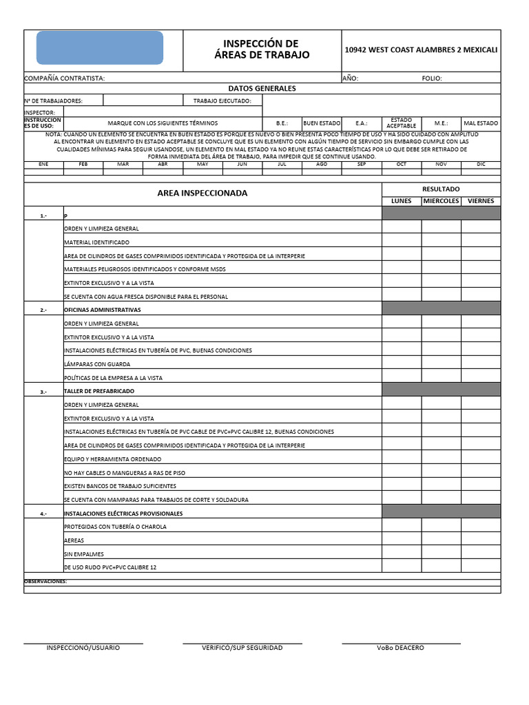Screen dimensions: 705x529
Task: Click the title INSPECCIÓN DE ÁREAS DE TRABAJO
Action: (262, 50)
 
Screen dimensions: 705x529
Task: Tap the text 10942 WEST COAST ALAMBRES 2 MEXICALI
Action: (421, 50)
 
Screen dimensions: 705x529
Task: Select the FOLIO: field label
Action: (437, 78)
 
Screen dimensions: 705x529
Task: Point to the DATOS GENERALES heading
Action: (262, 89)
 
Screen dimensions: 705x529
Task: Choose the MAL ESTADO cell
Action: (481, 123)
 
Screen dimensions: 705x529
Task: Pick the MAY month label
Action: (203, 165)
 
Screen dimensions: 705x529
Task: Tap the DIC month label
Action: (481, 165)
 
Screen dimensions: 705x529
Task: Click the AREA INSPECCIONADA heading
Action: (203, 193)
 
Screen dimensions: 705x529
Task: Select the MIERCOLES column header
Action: (441, 201)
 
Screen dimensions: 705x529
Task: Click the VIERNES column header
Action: (481, 201)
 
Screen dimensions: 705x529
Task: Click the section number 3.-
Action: (43, 392)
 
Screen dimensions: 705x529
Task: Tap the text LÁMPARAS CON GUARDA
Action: (97, 364)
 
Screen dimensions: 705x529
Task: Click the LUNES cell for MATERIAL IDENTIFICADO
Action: (402, 242)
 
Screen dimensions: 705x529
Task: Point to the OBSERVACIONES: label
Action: (45, 582)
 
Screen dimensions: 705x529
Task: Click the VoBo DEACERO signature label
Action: (401, 648)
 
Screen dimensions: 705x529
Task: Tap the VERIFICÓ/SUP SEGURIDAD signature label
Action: (242, 648)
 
